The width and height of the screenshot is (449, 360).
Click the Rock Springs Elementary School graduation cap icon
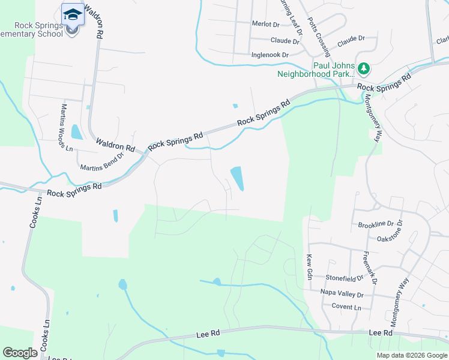point(73,14)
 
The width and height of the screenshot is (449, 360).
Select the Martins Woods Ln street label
point(66,127)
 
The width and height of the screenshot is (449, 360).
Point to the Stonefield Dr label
point(345,278)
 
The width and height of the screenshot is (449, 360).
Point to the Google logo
point(20,353)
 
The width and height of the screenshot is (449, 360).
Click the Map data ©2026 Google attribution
point(412,355)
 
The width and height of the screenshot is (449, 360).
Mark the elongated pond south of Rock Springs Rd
point(237,179)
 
